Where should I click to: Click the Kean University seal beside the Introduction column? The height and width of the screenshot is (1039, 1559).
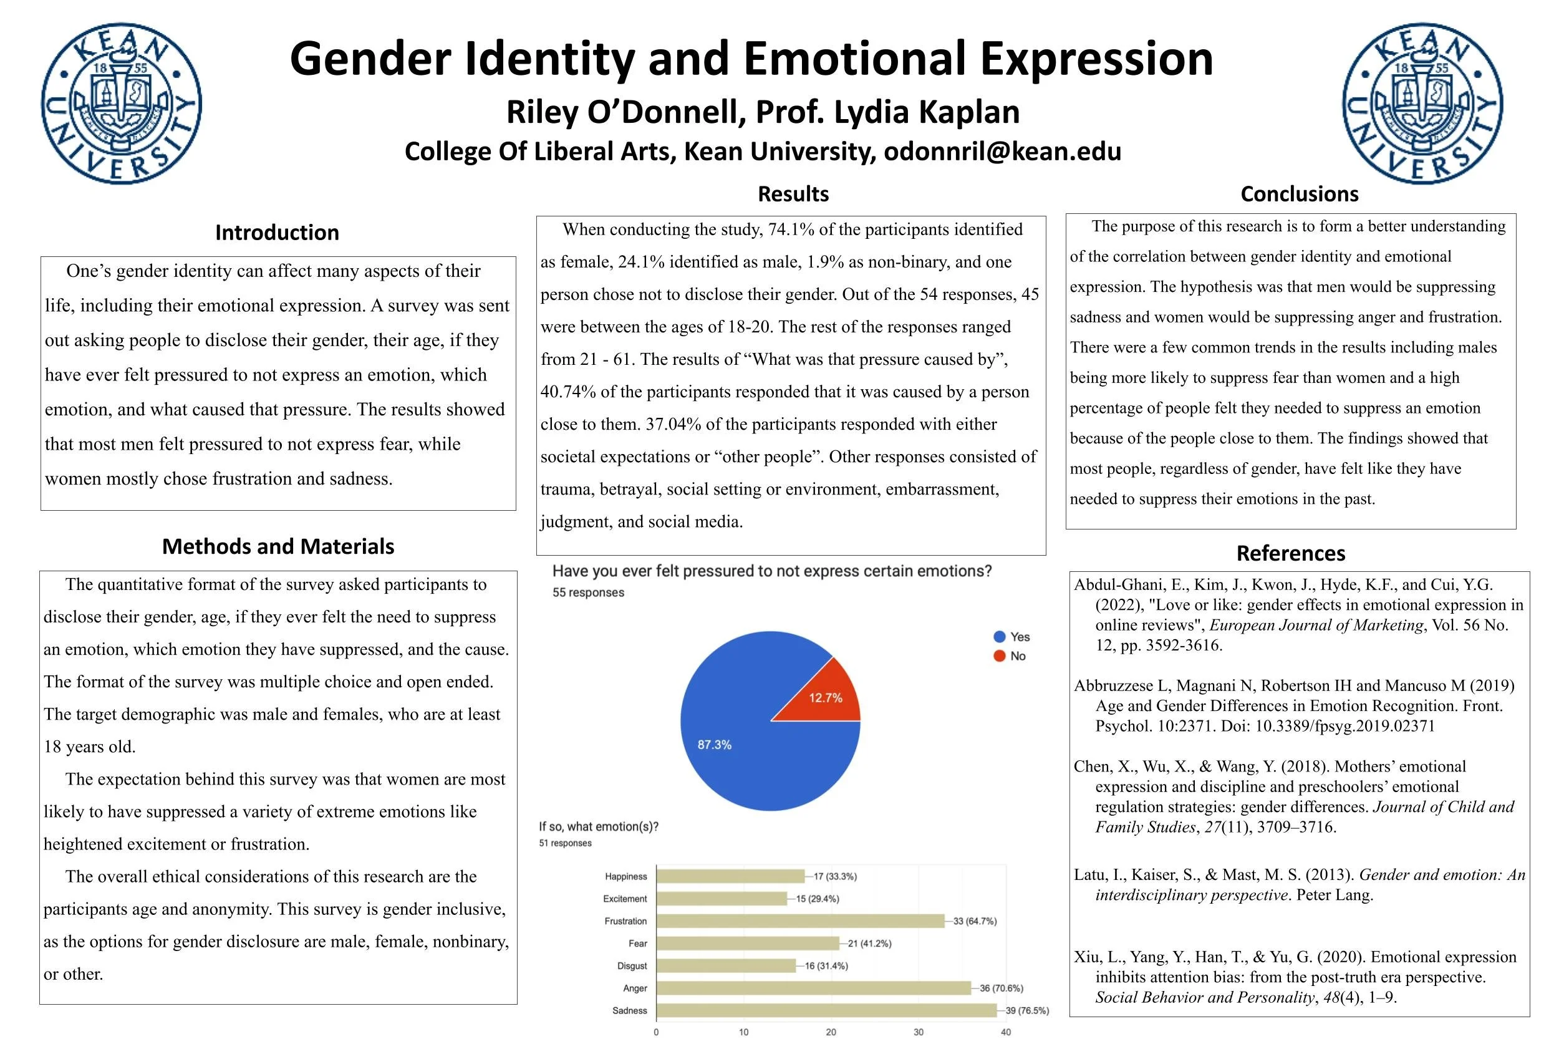(x=121, y=104)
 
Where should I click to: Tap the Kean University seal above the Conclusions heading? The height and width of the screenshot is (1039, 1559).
(x=1422, y=104)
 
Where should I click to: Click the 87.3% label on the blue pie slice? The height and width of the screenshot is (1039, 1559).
(x=714, y=745)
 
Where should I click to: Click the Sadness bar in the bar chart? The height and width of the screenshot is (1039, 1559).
(x=826, y=1010)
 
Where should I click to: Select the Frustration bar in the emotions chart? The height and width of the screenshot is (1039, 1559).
(x=799, y=921)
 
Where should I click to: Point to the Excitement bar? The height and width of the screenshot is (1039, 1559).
(x=722, y=899)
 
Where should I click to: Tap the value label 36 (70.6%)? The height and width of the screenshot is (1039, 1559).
(x=1001, y=988)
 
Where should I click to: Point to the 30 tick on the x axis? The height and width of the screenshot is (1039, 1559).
(x=919, y=1032)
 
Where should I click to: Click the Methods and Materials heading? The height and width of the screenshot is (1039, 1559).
(x=278, y=546)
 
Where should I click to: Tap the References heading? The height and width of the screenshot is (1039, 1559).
(x=1290, y=553)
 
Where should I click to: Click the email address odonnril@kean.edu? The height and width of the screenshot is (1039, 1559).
(x=1002, y=151)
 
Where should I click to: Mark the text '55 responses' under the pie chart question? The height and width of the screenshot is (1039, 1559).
(x=587, y=592)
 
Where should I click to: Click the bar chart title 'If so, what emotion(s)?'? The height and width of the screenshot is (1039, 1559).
(x=598, y=826)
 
